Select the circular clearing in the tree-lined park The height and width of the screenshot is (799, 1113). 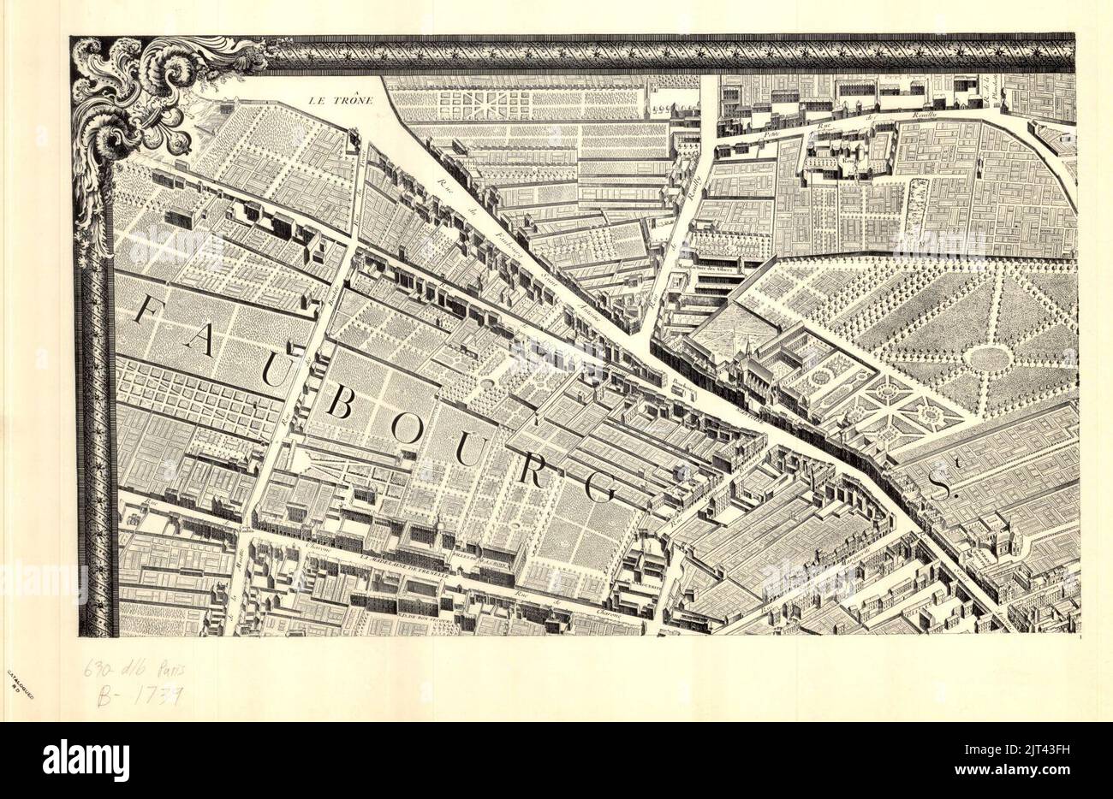(991, 359)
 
